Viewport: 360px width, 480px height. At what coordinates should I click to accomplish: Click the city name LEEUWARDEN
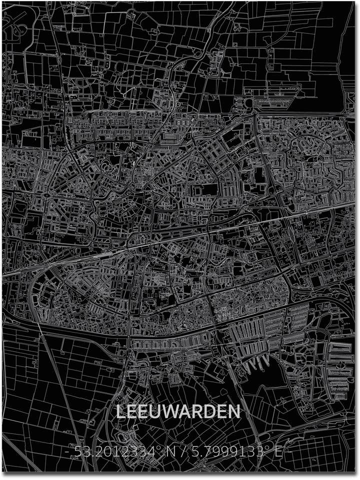178,412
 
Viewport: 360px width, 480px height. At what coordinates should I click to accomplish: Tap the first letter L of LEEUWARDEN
121,412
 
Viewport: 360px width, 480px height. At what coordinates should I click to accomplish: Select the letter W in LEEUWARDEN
174,412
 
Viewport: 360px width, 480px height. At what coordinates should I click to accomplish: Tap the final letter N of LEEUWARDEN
233,412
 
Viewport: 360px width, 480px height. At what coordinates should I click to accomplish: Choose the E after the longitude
278,453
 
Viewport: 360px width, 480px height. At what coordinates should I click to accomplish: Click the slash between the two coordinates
185,453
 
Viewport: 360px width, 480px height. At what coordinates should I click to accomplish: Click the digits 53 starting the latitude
80,453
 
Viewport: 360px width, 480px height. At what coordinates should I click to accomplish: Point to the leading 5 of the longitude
195,453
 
